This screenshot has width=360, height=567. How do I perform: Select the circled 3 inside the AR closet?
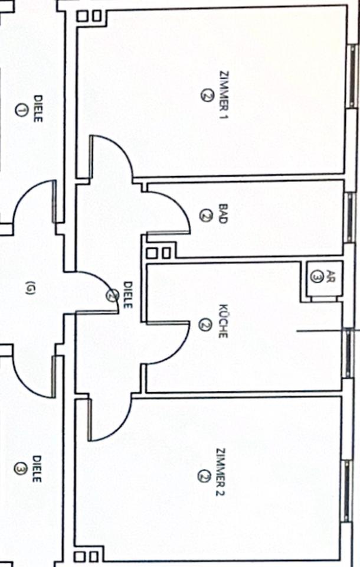point(316,276)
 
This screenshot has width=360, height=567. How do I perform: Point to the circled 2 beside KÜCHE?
point(204,324)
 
